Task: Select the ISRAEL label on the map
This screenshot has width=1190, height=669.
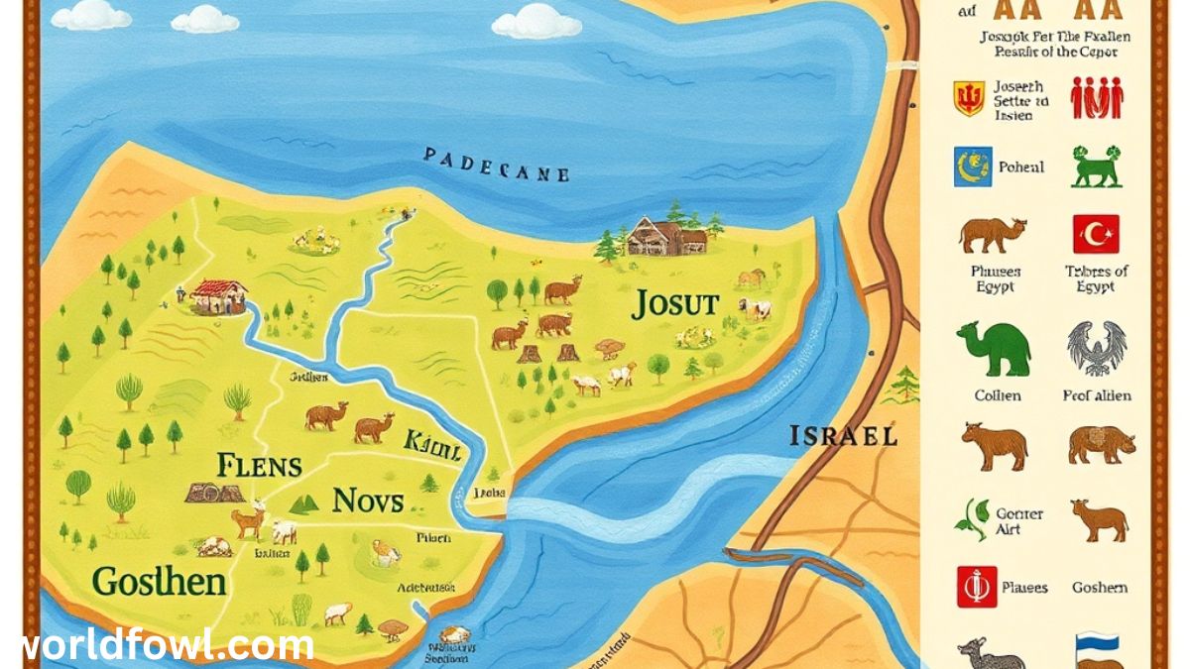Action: [843, 435]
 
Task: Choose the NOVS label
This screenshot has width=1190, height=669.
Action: [368, 501]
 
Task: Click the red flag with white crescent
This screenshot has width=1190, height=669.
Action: [1096, 235]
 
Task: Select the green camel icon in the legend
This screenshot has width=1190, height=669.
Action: [994, 349]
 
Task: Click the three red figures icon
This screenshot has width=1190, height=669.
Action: [1096, 99]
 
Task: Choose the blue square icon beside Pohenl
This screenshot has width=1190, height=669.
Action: [972, 167]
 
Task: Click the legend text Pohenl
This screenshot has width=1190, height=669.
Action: [1020, 167]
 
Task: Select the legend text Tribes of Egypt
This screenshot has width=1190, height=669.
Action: [1096, 279]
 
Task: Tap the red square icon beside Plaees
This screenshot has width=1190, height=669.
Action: [976, 587]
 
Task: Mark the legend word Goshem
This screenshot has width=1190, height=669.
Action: [1099, 588]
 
